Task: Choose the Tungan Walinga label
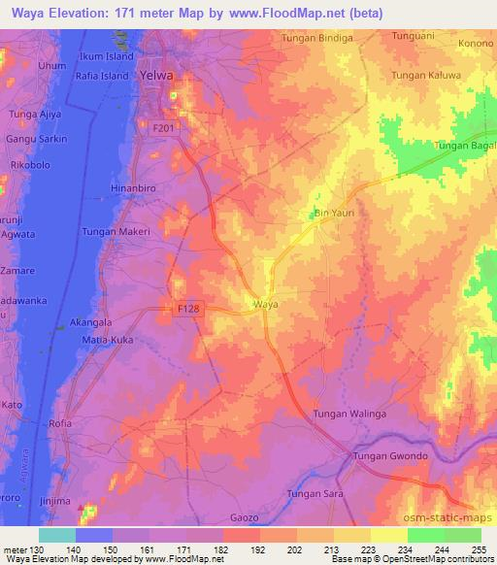349,415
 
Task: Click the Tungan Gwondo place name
390,456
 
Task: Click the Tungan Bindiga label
314,37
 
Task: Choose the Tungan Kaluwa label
425,75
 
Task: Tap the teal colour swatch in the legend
56,535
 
